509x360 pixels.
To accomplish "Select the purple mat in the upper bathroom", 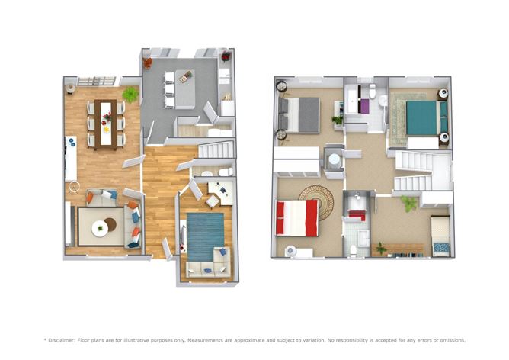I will pos(363,106).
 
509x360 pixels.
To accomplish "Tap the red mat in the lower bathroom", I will pos(357,215).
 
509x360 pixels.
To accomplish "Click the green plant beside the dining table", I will pos(131,94).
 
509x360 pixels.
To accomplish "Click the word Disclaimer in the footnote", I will pos(69,339).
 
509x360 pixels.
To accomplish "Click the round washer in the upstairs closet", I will pos(334,159).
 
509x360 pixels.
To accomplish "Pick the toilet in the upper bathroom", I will pos(373,92).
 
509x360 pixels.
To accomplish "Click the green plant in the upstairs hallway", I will pos(411,203).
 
